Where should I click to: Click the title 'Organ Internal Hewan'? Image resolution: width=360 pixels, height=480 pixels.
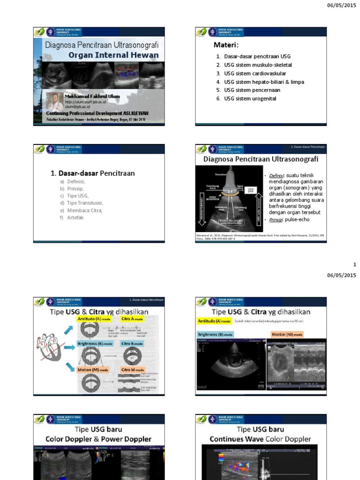(x=113, y=55)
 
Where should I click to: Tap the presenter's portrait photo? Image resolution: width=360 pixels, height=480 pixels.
(x=55, y=101)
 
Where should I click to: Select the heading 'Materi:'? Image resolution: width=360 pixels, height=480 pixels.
(x=226, y=45)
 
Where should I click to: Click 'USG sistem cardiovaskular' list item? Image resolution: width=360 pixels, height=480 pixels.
(x=255, y=74)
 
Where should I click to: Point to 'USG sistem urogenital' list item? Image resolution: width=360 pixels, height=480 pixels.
(x=250, y=99)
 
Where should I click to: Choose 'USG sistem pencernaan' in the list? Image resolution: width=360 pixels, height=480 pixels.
(x=252, y=90)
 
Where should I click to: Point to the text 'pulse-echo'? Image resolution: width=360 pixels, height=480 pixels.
(x=297, y=219)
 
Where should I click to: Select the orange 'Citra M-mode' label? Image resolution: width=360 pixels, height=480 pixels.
(x=134, y=370)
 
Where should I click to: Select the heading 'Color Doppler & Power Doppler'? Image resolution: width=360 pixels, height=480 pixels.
(x=98, y=439)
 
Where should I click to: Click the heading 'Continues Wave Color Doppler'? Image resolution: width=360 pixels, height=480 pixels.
(x=260, y=439)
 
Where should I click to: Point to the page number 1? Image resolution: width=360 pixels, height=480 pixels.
(x=355, y=264)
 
